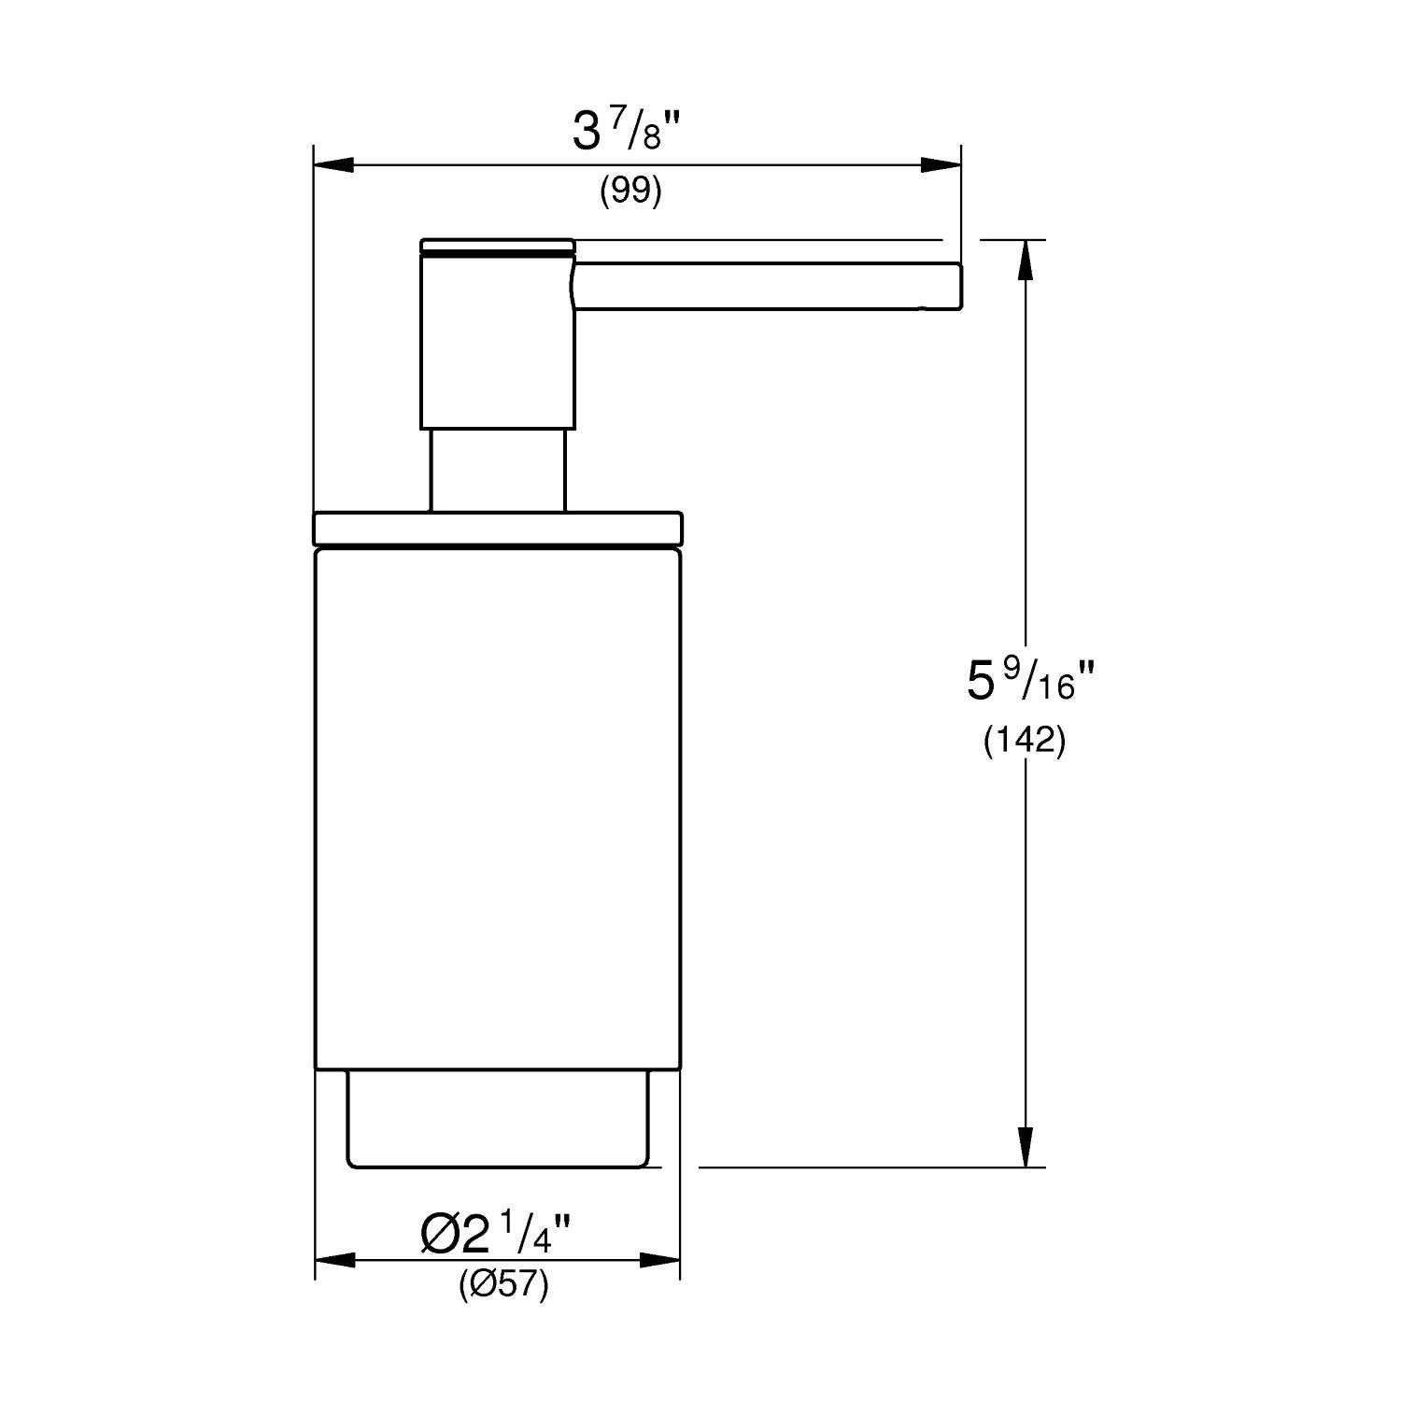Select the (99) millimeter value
(x=630, y=191)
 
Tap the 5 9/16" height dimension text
(x=1024, y=681)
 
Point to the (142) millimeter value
(x=1024, y=741)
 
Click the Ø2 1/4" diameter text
(x=495, y=1236)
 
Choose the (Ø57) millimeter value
(x=503, y=1286)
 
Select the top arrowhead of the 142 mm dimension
(x=1026, y=260)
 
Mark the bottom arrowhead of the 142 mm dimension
(x=1026, y=1147)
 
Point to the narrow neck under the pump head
(x=497, y=470)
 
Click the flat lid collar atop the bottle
(x=498, y=527)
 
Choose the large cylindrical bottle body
(x=498, y=808)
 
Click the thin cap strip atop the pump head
(x=497, y=246)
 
